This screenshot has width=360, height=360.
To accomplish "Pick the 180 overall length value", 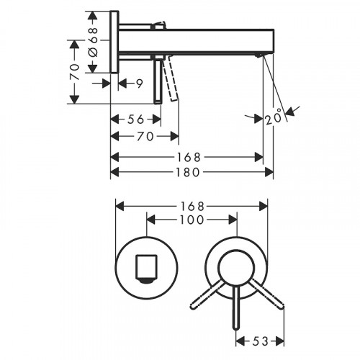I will pos(190,173).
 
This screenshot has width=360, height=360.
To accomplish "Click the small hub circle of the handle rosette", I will pos(235,266).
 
